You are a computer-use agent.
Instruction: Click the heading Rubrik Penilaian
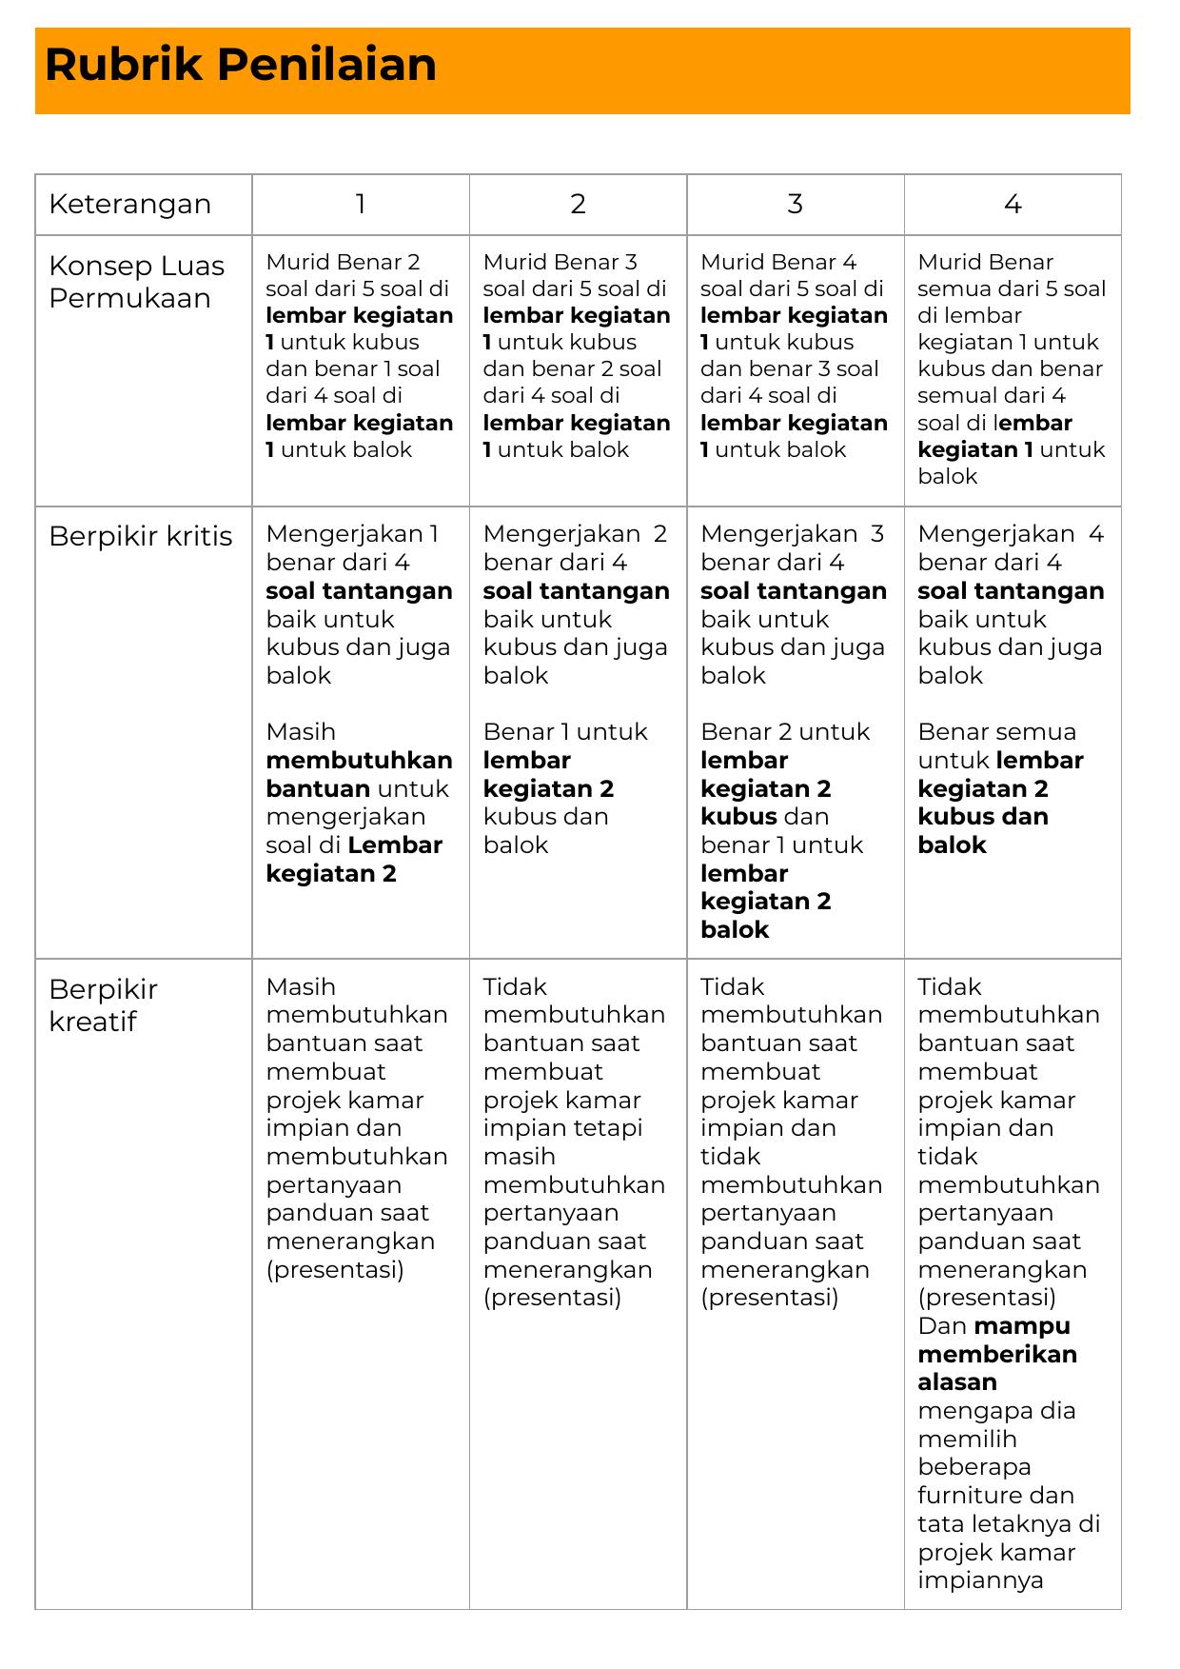[x=241, y=66]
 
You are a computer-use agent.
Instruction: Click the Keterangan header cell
[x=130, y=205]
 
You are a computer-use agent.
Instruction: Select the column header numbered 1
[x=361, y=205]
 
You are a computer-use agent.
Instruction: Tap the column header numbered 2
[x=578, y=205]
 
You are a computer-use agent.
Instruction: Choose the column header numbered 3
[x=795, y=205]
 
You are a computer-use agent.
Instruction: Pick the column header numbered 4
[x=1013, y=205]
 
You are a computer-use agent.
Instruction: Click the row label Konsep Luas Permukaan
[x=137, y=282]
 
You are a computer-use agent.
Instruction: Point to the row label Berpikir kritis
[x=141, y=537]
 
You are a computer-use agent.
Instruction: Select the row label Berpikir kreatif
[x=103, y=1005]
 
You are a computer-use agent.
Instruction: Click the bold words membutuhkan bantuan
[x=359, y=774]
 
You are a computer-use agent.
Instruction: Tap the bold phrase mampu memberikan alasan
[x=997, y=1354]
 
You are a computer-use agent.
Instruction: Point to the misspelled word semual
[x=956, y=396]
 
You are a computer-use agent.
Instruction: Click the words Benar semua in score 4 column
[x=996, y=732]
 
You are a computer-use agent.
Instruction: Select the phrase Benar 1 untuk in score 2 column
[x=565, y=732]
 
